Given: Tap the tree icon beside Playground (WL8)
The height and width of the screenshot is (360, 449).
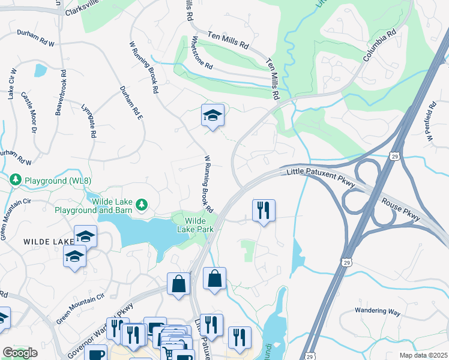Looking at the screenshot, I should pyautogui.click(x=16, y=179).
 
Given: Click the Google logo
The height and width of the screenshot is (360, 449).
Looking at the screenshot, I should pyautogui.click(x=20, y=353).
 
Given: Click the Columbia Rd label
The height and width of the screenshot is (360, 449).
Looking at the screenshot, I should pyautogui.click(x=380, y=45).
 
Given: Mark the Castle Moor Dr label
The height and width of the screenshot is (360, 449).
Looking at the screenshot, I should pyautogui.click(x=29, y=112).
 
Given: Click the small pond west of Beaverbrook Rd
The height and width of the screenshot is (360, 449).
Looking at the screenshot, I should pyautogui.click(x=40, y=70).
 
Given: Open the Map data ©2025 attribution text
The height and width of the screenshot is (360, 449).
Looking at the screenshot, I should pyautogui.click(x=423, y=355).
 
